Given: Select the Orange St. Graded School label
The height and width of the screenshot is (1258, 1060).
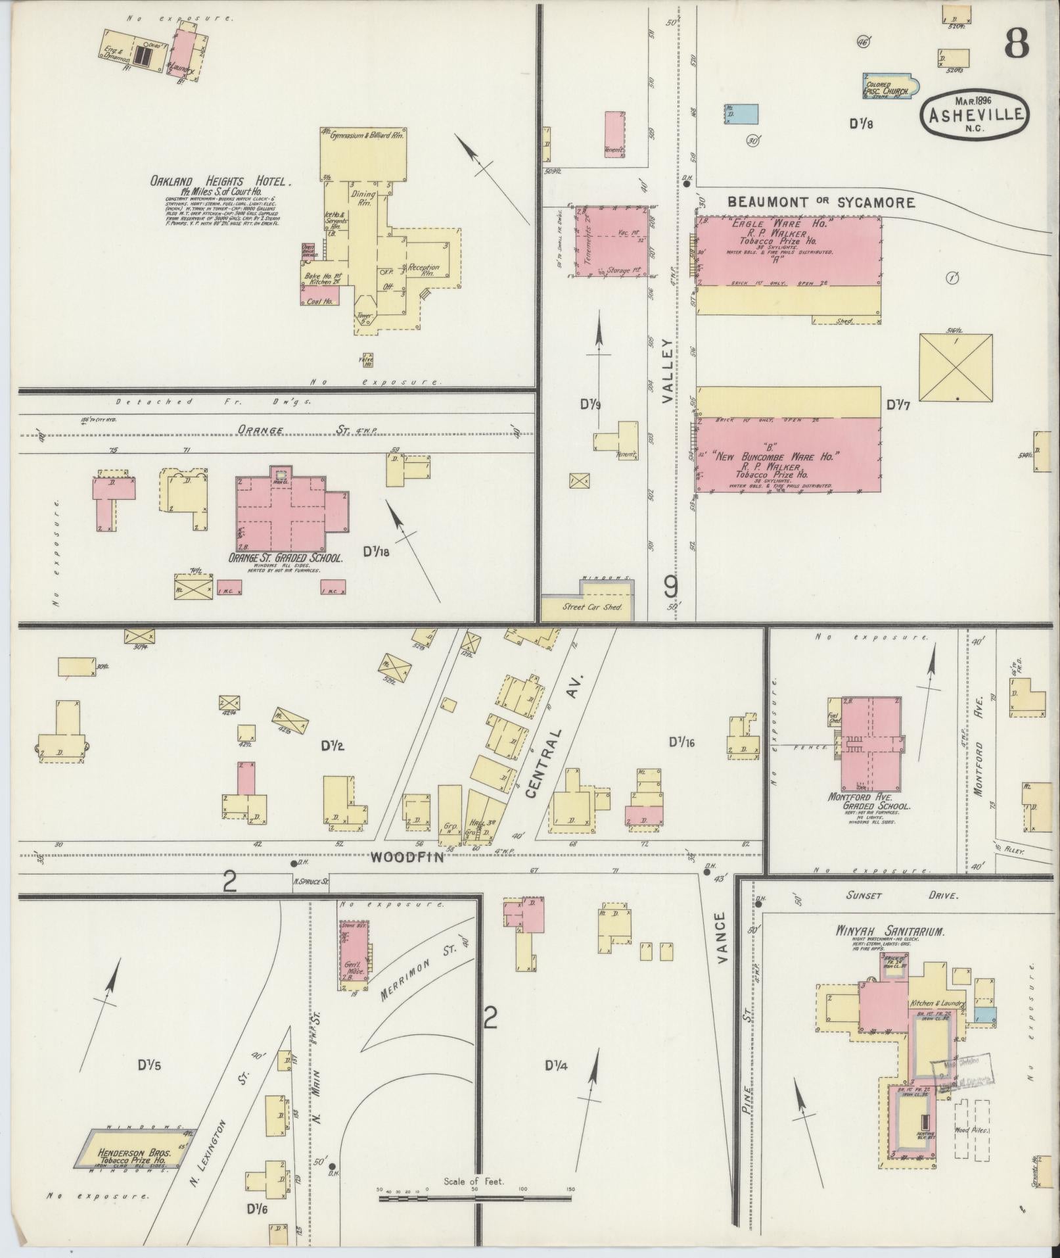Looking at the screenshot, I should click(286, 558).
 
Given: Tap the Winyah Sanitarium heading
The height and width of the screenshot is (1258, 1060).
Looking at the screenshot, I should click(890, 932).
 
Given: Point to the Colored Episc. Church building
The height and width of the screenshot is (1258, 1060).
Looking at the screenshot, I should click(888, 85).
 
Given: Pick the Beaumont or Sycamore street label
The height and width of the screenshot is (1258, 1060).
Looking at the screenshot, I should click(821, 203).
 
